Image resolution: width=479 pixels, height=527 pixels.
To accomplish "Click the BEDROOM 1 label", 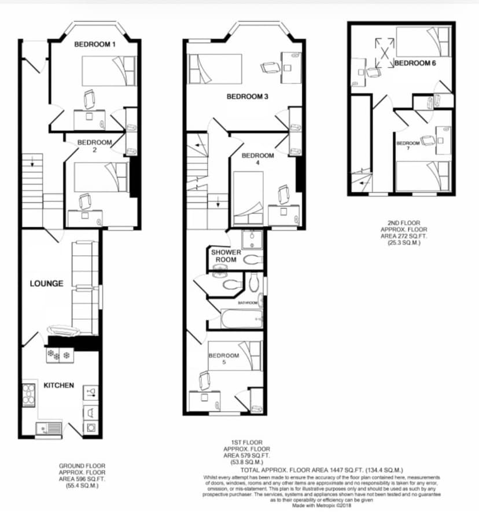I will coord(95,45).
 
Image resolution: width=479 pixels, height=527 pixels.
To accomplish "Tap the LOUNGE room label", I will coord(47,283).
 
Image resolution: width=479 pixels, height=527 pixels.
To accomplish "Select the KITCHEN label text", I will coord(59,385).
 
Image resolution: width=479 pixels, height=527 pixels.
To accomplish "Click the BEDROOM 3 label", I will coord(247,97).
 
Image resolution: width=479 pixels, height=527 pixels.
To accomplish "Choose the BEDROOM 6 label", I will coord(415,63).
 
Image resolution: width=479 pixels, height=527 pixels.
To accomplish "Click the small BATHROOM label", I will coord(247,302).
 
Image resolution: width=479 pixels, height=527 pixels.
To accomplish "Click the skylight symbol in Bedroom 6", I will coord(384,47).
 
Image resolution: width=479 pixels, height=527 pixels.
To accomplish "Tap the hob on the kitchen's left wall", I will coord(29,395).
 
